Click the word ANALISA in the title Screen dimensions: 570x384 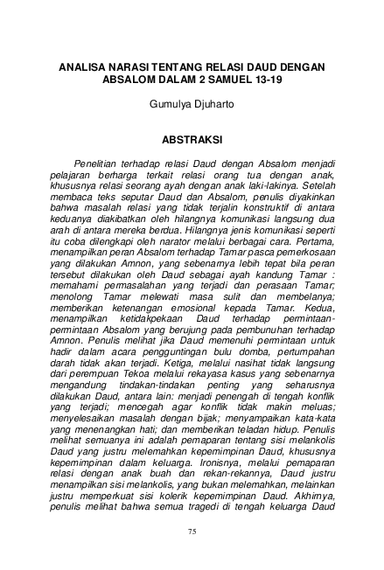[x=85, y=66]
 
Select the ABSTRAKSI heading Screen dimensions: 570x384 [x=192, y=138]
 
